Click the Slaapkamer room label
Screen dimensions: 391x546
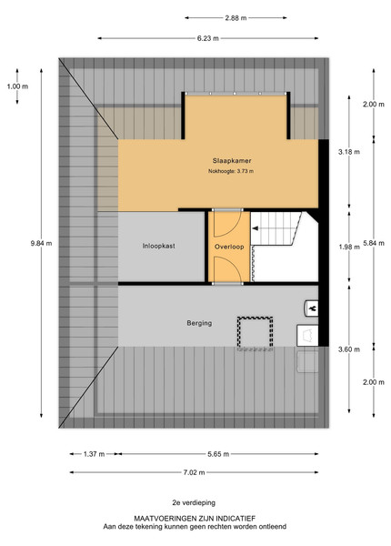pyautogui.click(x=232, y=161)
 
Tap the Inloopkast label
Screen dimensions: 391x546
pyautogui.click(x=158, y=246)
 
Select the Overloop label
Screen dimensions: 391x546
pyautogui.click(x=229, y=247)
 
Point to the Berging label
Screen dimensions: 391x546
pyautogui.click(x=199, y=323)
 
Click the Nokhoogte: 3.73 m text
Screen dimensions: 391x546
pyautogui.click(x=231, y=171)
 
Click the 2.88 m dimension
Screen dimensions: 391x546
pyautogui.click(x=236, y=18)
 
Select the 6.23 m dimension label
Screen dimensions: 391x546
pyautogui.click(x=208, y=38)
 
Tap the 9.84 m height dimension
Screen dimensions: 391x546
pyautogui.click(x=42, y=243)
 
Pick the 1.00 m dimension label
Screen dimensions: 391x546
pyautogui.click(x=17, y=86)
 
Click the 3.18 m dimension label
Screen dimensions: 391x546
pyautogui.click(x=349, y=152)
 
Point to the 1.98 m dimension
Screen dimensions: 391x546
pyautogui.click(x=349, y=247)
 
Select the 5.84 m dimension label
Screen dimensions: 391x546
pyautogui.click(x=374, y=243)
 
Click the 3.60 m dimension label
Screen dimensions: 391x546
pyautogui.click(x=349, y=349)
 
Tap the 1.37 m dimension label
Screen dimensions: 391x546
pyautogui.click(x=95, y=454)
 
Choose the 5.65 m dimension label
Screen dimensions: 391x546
pyautogui.click(x=218, y=454)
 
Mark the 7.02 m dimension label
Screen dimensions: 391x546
pyautogui.click(x=194, y=472)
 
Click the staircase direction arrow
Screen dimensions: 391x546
pyautogui.click(x=255, y=228)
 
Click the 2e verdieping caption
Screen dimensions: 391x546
pyautogui.click(x=194, y=503)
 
